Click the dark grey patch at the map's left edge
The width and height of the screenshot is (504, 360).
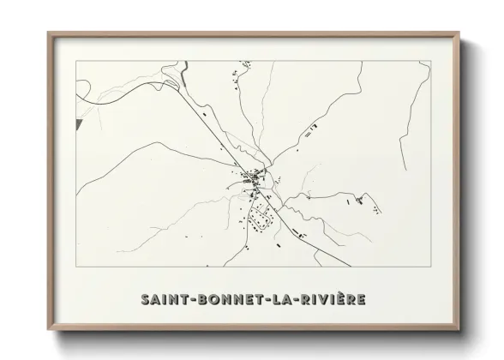(x=79, y=126)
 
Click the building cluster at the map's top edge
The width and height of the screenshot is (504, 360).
(x=237, y=76)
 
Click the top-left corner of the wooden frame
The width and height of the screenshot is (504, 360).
(x=49, y=33)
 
